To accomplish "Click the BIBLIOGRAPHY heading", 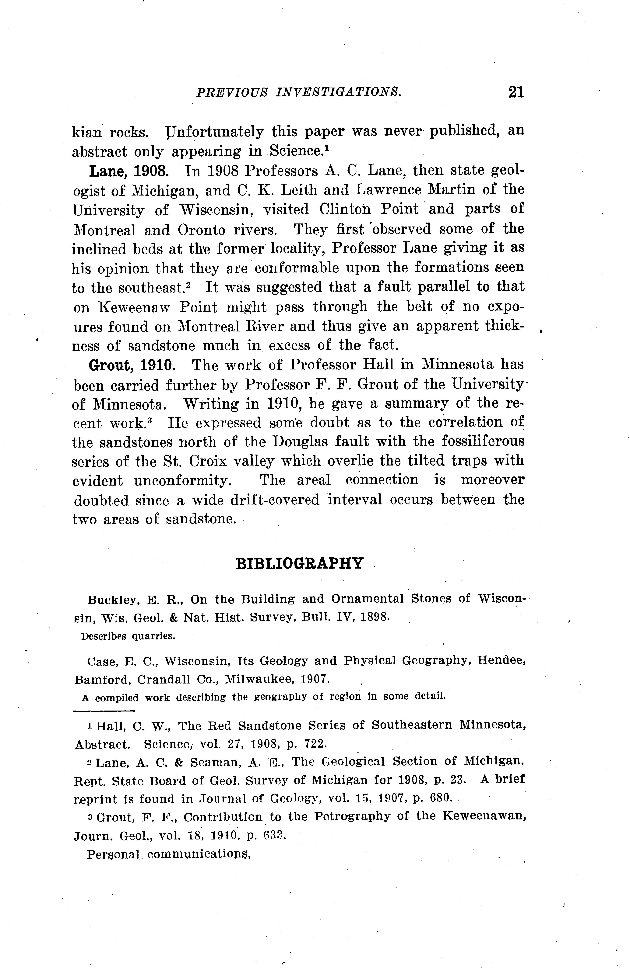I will tap(300, 563).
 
